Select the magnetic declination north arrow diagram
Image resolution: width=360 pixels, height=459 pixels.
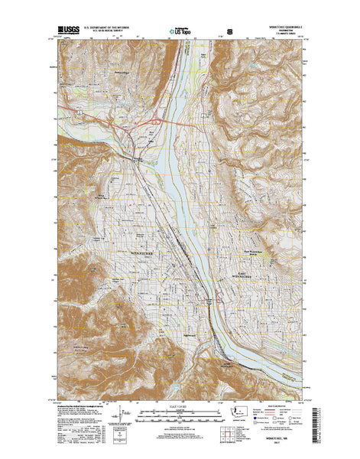[125, 419]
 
